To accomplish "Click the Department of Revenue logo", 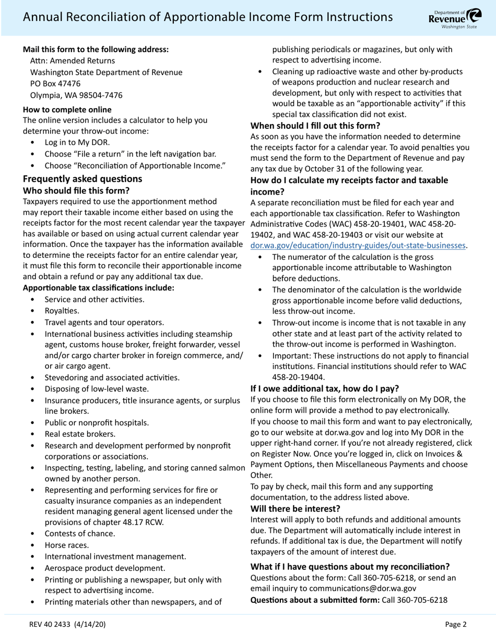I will [x=455, y=18].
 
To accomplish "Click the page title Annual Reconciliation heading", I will [x=207, y=17].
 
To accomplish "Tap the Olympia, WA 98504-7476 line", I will [x=76, y=95].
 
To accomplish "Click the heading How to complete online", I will [x=67, y=109].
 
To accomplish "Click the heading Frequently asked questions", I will [x=82, y=179].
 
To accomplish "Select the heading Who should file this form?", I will [x=76, y=191].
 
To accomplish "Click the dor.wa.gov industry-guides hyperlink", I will [x=358, y=245].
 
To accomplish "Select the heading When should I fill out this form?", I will [x=315, y=125].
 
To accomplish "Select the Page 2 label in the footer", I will [x=456, y=624].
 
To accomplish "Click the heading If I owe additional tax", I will [x=325, y=388].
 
